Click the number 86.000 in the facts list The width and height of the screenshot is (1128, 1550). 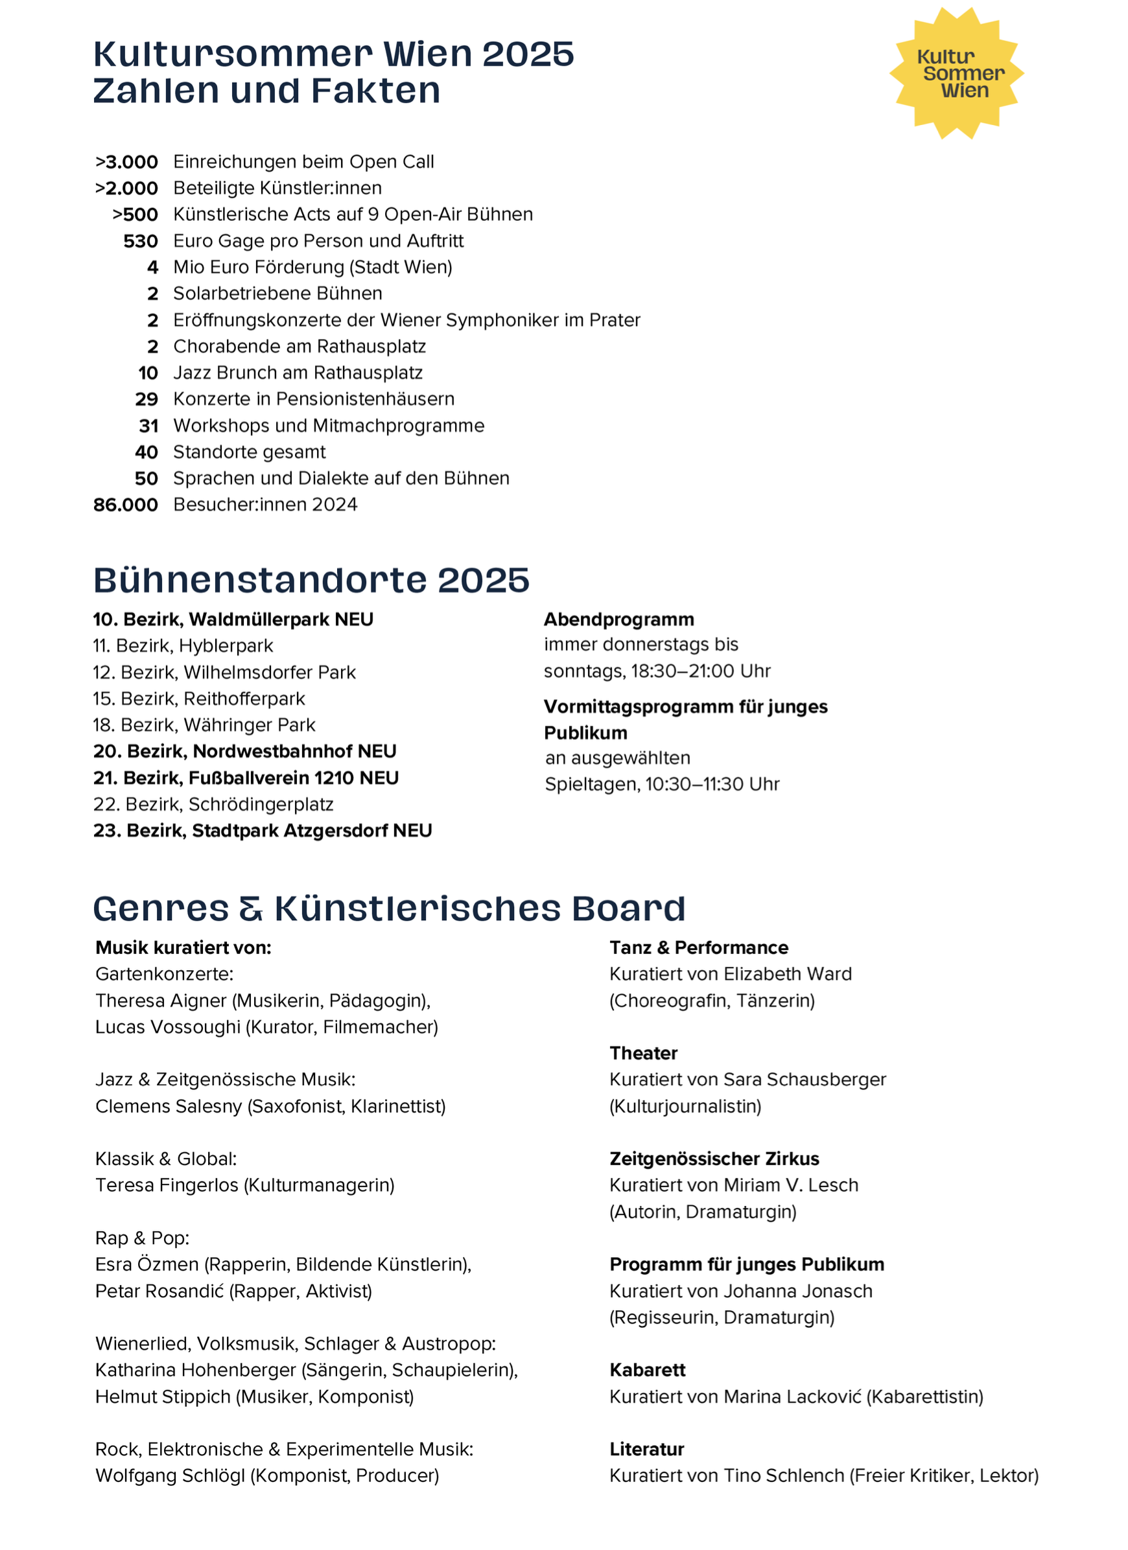pyautogui.click(x=126, y=505)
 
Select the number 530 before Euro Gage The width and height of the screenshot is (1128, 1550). pyautogui.click(x=141, y=241)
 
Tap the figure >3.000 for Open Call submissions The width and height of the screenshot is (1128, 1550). pyautogui.click(x=127, y=162)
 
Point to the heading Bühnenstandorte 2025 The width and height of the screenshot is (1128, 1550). pyautogui.click(x=311, y=580)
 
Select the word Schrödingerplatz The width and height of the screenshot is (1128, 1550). pyautogui.click(x=261, y=804)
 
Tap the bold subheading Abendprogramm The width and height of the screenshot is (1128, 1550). pyautogui.click(x=618, y=619)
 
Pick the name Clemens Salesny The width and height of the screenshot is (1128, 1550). pyautogui.click(x=169, y=1107)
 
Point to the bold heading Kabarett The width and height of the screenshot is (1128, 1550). pyautogui.click(x=648, y=1371)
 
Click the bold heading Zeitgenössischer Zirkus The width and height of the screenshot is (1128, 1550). pyautogui.click(x=714, y=1159)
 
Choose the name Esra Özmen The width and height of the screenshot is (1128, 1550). pyautogui.click(x=147, y=1265)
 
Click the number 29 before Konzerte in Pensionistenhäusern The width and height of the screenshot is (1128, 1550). pyautogui.click(x=147, y=399)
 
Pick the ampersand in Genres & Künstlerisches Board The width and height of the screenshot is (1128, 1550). pyautogui.click(x=251, y=909)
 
